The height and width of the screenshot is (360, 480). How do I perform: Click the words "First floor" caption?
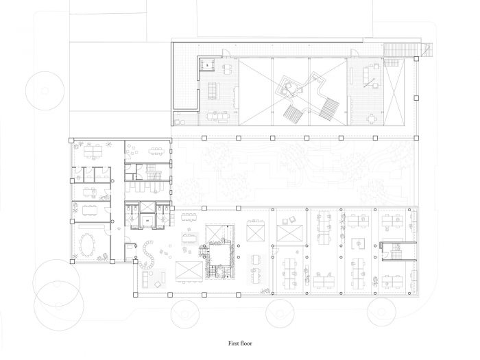[240, 343]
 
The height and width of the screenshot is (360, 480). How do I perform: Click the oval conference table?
[87, 244]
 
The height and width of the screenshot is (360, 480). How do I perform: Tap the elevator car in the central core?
[147, 220]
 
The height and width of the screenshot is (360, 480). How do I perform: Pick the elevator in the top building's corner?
[207, 64]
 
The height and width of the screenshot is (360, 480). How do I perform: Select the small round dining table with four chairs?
[372, 119]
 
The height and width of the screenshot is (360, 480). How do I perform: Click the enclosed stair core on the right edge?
[397, 251]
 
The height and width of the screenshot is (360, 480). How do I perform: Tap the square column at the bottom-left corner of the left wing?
[72, 261]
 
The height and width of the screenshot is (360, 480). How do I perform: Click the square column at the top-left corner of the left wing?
[71, 140]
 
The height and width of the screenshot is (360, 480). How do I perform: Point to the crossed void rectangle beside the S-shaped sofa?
[189, 272]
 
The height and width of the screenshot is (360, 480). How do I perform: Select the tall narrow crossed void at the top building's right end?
[394, 93]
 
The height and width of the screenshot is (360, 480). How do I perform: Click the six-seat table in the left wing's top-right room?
[156, 151]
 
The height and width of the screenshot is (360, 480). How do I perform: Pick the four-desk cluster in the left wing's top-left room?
[93, 151]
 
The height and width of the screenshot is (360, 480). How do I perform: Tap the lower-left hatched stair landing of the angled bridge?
[292, 115]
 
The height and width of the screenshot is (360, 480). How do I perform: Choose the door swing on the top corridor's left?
[226, 53]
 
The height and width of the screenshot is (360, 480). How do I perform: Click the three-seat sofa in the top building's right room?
[365, 76]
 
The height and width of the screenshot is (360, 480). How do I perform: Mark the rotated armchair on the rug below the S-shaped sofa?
[158, 285]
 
